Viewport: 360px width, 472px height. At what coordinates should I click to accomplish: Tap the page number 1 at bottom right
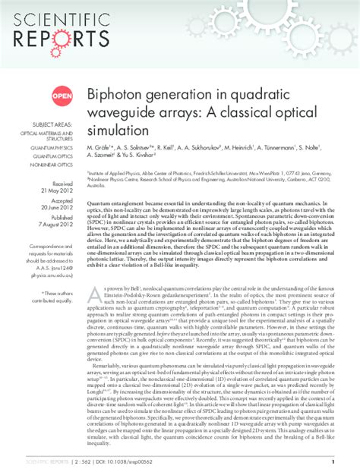pos(333,460)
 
